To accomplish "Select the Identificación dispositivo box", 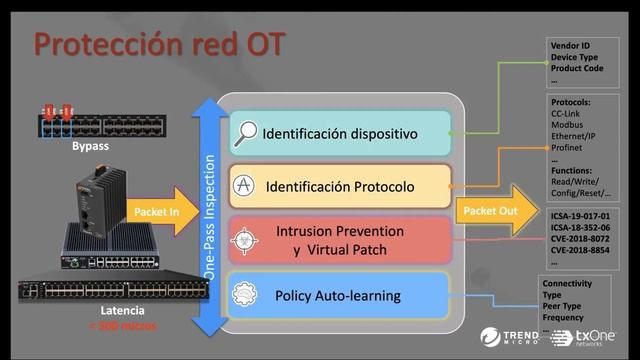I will coord(340,132).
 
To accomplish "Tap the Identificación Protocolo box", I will coord(340,186).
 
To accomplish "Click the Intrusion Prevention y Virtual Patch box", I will coord(340,240).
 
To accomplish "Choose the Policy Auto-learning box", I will coord(340,296).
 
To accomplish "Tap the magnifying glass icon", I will coord(245,132).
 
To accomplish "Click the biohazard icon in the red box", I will coord(245,240).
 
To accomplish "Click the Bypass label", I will coord(89,148).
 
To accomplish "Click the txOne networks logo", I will coord(591,336).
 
